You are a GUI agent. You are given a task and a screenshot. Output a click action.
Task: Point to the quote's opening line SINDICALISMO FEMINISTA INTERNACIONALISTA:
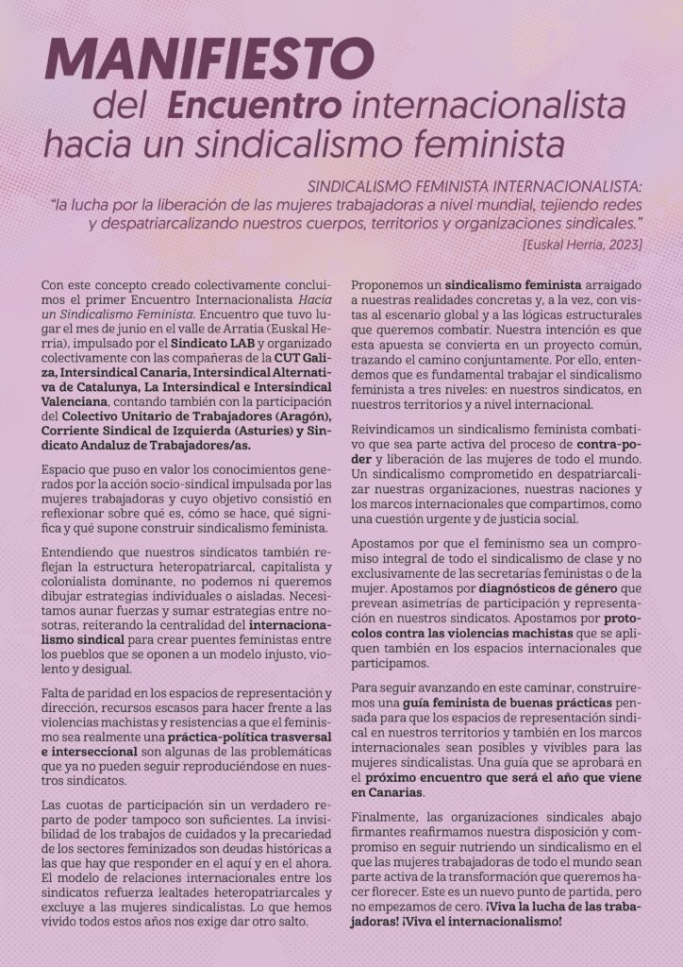[x=468, y=185]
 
